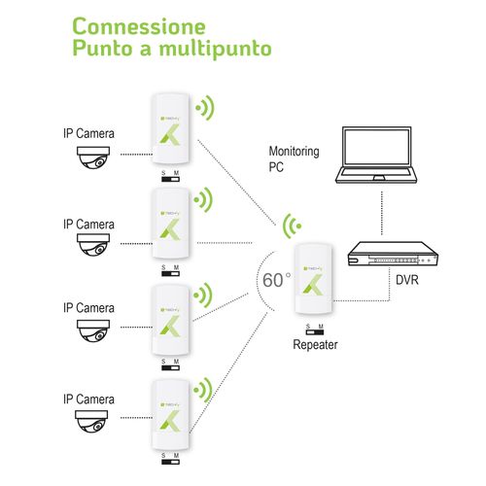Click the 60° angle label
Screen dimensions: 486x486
pyautogui.click(x=276, y=279)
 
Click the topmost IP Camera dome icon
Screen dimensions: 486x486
pyautogui.click(x=99, y=160)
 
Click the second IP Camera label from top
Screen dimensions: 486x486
pyautogui.click(x=89, y=225)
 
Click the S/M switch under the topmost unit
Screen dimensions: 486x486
pyautogui.click(x=170, y=176)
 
